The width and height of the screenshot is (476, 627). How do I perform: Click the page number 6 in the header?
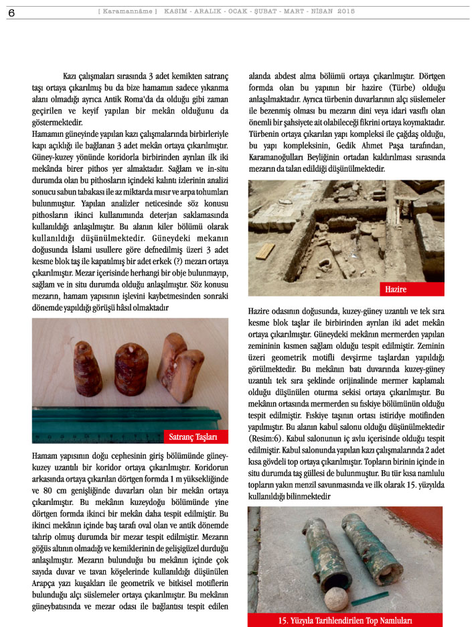click(x=12, y=13)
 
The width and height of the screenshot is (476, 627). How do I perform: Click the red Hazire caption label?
click(x=396, y=290)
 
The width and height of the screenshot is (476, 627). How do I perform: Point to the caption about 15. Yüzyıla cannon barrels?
click(x=345, y=620)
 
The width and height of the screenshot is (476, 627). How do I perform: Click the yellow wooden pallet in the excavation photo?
click(x=264, y=251)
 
